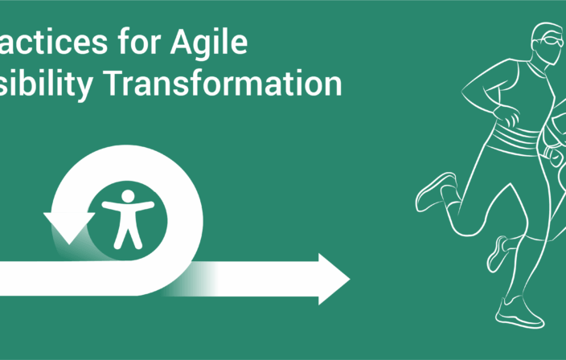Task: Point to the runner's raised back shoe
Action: click(x=434, y=191)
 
